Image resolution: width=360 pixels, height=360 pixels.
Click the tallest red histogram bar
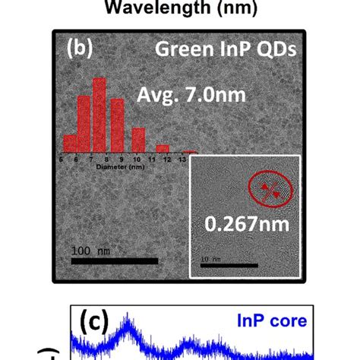[99, 115]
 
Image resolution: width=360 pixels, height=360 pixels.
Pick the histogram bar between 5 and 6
[71, 143]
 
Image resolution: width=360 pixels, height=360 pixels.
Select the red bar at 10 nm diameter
[138, 140]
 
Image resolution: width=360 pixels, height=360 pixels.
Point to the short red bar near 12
[162, 148]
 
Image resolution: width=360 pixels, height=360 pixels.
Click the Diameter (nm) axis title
[122, 166]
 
